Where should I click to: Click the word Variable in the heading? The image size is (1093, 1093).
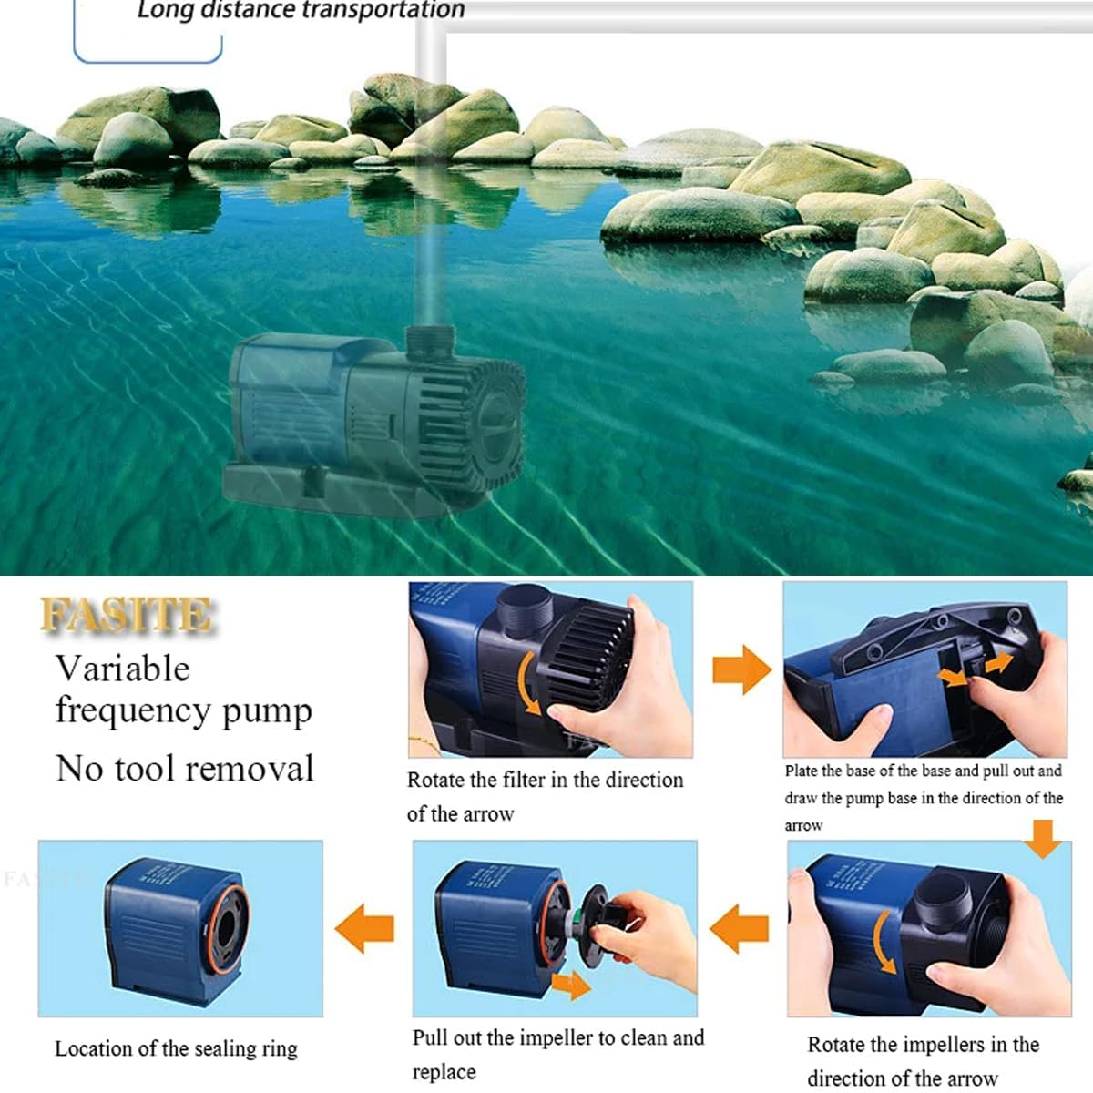(123, 669)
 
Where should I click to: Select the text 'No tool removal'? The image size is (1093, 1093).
(185, 769)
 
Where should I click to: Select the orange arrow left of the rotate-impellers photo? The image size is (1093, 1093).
(739, 929)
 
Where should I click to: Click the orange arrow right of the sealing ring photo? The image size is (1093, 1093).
(365, 929)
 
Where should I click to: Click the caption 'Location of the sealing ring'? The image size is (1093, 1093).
(176, 1049)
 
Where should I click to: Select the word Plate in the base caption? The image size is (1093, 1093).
(802, 771)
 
